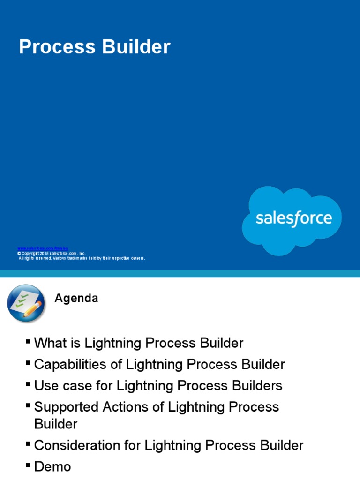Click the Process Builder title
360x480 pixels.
tap(94, 47)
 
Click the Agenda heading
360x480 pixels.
tap(76, 299)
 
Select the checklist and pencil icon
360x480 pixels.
tap(26, 303)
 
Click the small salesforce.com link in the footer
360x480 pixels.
tap(43, 248)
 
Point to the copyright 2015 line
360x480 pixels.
tap(52, 253)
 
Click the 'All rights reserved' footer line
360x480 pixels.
tap(82, 258)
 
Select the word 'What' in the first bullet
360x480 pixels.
tap(49, 343)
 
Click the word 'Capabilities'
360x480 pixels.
tap(67, 365)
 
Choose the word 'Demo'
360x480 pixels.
tap(52, 466)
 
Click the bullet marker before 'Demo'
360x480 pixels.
tap(29, 465)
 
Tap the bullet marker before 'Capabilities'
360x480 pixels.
tap(29, 363)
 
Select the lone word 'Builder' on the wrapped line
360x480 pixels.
tap(56, 424)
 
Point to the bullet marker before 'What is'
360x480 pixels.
tap(29, 342)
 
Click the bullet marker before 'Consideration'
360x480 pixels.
tap(29, 444)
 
